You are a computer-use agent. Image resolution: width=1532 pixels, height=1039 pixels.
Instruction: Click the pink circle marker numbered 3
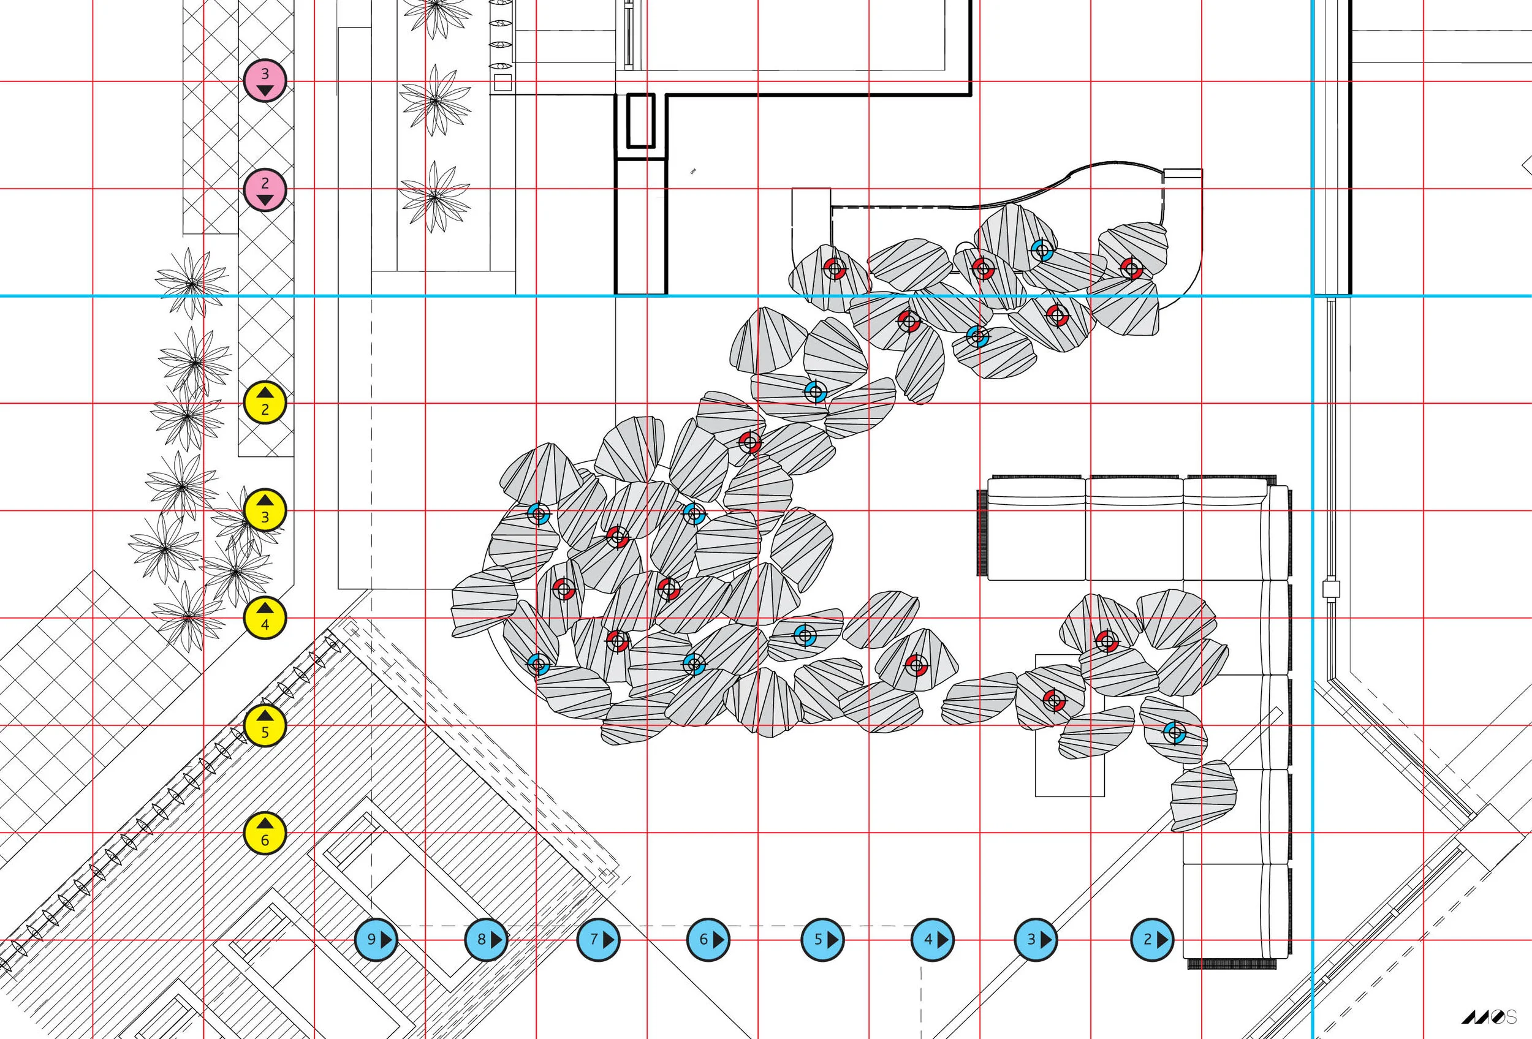[265, 80]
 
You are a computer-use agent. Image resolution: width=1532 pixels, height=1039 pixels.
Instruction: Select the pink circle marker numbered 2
[265, 189]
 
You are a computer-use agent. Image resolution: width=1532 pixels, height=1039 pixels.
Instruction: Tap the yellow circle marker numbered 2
[265, 402]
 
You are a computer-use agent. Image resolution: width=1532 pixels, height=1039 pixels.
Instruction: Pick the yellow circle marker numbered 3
[265, 510]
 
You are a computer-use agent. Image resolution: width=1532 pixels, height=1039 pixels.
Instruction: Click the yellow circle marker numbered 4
[265, 618]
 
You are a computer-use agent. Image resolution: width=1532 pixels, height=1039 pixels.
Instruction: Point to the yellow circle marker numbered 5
[265, 725]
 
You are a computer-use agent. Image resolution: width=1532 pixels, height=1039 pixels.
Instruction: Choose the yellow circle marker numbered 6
[265, 833]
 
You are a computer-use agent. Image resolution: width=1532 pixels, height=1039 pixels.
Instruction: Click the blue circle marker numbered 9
[376, 940]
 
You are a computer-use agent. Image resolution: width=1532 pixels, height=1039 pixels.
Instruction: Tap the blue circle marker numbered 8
[487, 940]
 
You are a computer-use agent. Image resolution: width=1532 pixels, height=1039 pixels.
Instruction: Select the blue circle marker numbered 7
[599, 940]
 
